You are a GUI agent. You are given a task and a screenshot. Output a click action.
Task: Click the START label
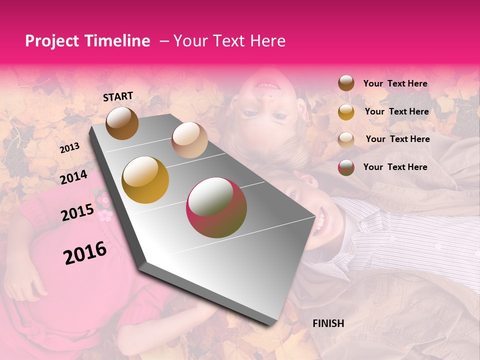pos(118,96)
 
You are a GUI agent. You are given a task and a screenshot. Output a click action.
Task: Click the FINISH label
pos(328,323)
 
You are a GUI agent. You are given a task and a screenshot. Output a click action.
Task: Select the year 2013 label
pos(69,147)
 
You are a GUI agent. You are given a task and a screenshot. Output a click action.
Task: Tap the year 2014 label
pos(73,177)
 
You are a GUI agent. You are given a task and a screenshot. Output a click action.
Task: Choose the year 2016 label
pos(85,252)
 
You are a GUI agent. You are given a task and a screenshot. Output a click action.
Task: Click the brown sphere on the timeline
pos(122,123)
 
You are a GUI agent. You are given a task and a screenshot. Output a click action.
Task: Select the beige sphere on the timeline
pos(189,140)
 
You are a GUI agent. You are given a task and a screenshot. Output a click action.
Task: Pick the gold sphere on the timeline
pos(145,180)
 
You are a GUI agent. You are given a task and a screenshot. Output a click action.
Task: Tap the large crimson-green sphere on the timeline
pos(216,207)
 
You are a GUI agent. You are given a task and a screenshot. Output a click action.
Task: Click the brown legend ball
pos(346,83)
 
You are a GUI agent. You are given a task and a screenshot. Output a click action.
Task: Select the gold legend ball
pos(346,111)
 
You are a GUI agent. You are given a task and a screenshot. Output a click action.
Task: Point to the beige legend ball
pos(346,139)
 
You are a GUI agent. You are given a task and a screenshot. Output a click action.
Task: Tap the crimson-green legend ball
pos(346,167)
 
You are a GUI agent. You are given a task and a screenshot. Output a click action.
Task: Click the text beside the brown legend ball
pos(395,83)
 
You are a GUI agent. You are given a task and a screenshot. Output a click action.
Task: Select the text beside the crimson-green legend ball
pos(395,167)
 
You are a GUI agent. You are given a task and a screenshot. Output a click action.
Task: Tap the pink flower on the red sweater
pos(104,216)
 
